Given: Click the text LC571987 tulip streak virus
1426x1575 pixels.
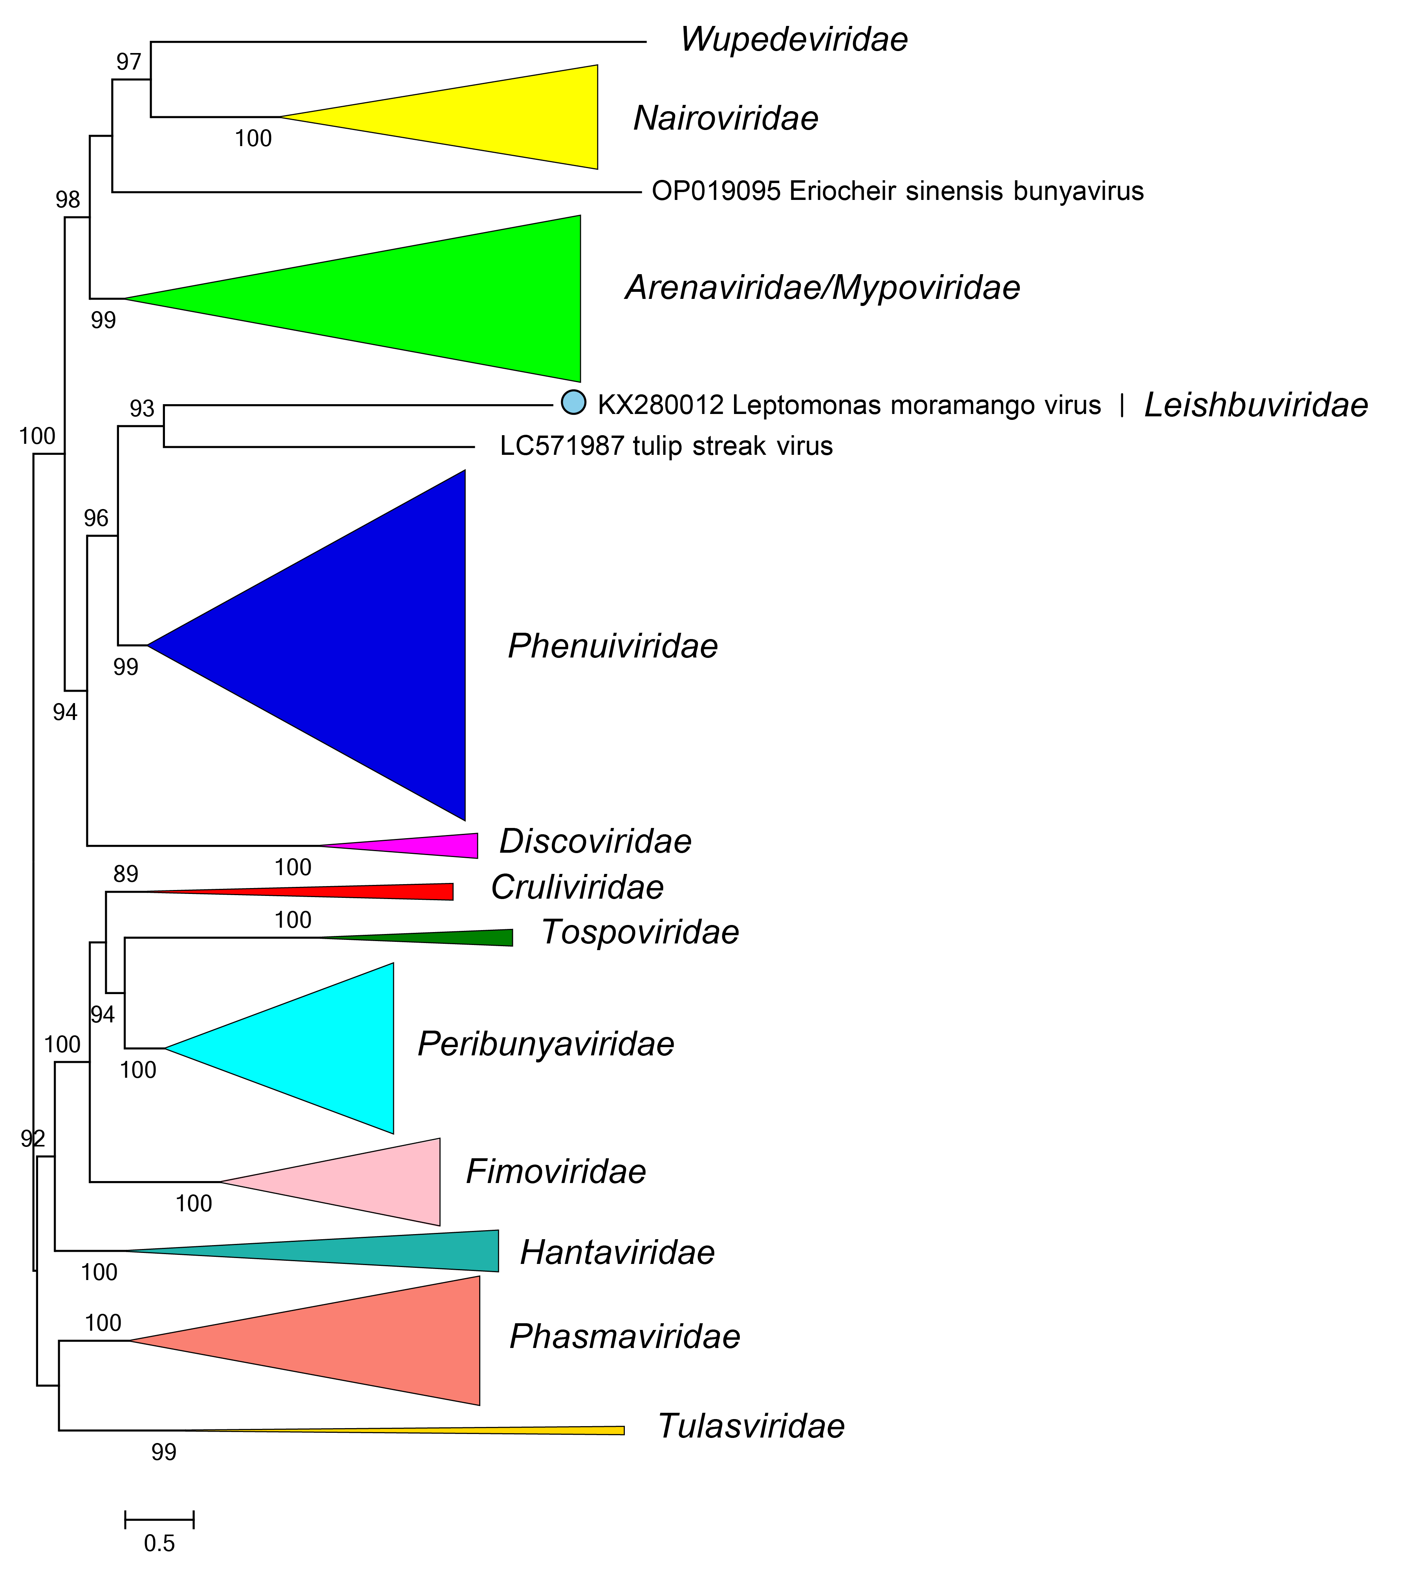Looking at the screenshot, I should (x=666, y=446).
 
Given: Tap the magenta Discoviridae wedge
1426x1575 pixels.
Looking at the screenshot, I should (x=438, y=845).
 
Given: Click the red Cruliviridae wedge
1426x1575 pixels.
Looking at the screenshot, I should (x=391, y=892).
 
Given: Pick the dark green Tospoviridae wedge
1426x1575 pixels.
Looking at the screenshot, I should (x=469, y=938).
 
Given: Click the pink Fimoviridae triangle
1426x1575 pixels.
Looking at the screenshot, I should (x=375, y=1181).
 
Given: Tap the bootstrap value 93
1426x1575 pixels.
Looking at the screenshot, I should (x=142, y=408).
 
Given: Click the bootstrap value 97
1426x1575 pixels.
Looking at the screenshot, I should (x=129, y=62).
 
